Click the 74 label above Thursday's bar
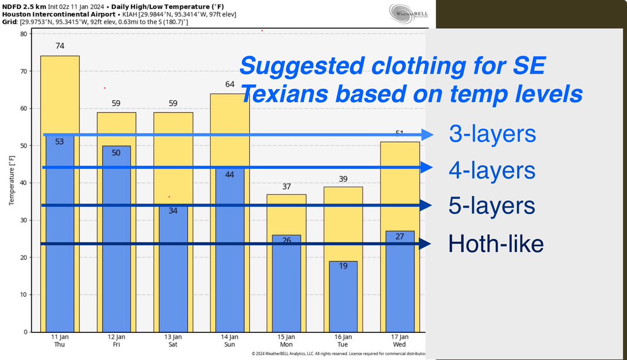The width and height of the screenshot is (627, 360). click(60, 46)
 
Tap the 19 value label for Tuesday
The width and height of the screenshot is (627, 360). click(343, 266)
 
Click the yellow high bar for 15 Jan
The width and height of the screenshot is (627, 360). click(286, 214)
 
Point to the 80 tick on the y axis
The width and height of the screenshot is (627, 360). click(24, 34)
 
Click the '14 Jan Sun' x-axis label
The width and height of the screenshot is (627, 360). click(230, 341)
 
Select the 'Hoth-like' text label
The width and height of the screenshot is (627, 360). click(496, 244)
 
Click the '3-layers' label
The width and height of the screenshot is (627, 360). click(492, 134)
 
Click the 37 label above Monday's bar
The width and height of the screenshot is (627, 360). click(286, 187)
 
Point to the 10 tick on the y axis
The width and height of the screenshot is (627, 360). click(24, 295)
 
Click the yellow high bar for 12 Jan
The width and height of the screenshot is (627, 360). click(116, 128)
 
